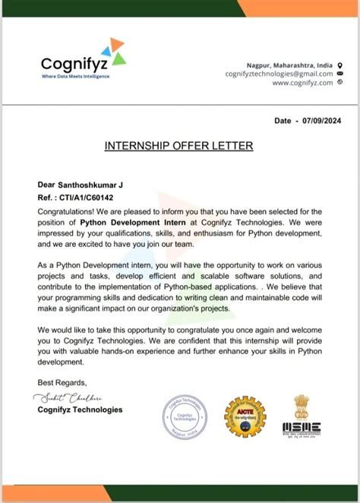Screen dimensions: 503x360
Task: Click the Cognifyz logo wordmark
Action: pyautogui.click(x=74, y=60)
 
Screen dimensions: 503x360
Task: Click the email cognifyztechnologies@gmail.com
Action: pyautogui.click(x=279, y=74)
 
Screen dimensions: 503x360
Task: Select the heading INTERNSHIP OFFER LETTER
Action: pyautogui.click(x=179, y=146)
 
